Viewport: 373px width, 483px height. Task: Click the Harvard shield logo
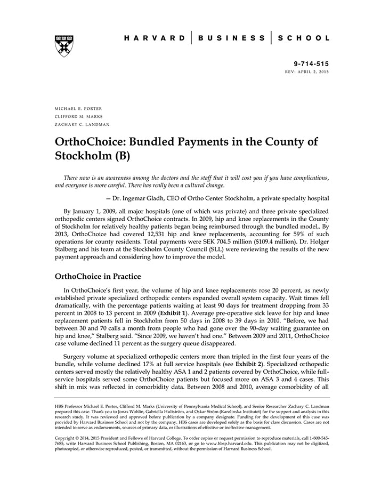click(x=64, y=46)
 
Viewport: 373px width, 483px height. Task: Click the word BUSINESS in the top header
click(x=232, y=38)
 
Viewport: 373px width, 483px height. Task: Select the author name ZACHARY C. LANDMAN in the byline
click(x=82, y=124)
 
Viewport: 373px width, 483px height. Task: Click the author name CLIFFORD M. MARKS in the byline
click(x=78, y=116)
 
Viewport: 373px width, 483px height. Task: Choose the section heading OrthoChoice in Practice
click(x=98, y=277)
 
